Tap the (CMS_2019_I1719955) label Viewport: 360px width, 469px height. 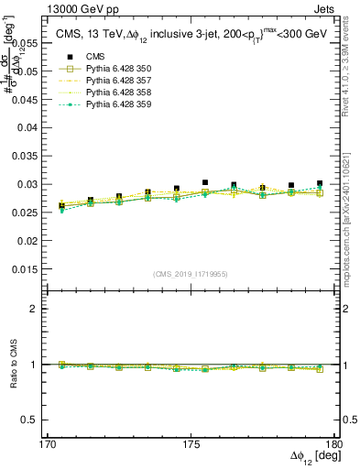[x=191, y=273]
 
